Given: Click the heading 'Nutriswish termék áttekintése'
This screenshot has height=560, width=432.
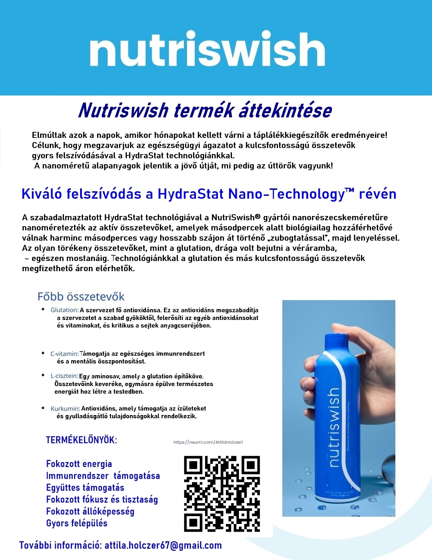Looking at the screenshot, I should (205, 111).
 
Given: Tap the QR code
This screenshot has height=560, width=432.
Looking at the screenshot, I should (222, 494).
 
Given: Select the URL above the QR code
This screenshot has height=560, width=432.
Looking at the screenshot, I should (208, 442).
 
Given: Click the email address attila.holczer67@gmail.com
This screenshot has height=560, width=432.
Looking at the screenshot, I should (163, 545).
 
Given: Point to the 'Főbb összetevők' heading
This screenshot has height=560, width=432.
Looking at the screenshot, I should (81, 297).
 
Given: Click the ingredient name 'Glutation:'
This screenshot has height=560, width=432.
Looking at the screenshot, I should (65, 310).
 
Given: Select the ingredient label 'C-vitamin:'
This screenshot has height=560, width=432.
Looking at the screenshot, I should (64, 354).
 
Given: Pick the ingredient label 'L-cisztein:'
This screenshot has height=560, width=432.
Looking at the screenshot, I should (64, 376).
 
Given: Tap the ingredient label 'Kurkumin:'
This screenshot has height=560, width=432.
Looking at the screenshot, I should (65, 409).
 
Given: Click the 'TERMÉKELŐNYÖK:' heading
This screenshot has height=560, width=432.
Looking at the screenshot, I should (81, 440).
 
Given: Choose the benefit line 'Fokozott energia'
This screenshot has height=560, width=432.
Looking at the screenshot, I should (79, 464).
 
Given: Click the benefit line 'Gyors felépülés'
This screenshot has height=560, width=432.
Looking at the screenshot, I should (77, 523).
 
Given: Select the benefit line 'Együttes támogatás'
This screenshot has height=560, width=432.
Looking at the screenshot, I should (85, 488).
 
